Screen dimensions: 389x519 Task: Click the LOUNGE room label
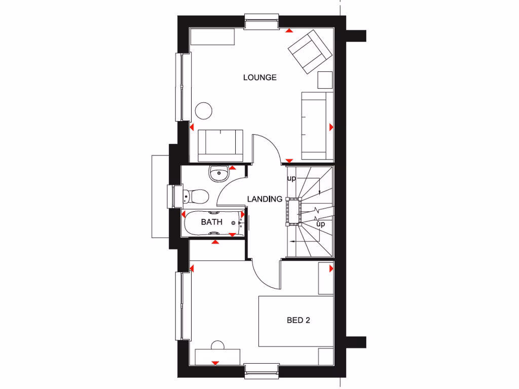pyautogui.click(x=259, y=77)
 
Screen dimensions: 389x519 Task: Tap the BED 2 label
pyautogui.click(x=298, y=320)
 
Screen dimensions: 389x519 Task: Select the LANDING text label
pyautogui.click(x=265, y=199)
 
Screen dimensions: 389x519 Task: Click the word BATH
pyautogui.click(x=211, y=222)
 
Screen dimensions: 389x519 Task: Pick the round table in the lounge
pyautogui.click(x=204, y=110)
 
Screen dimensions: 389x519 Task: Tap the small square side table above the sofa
pyautogui.click(x=324, y=80)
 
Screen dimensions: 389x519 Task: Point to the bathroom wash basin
pyautogui.click(x=218, y=173)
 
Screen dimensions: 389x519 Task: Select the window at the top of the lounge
pyautogui.click(x=262, y=22)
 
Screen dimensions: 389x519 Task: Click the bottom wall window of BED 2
pyautogui.click(x=261, y=370)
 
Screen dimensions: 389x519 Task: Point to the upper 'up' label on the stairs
pyautogui.click(x=291, y=178)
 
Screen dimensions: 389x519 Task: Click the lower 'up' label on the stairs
pyautogui.click(x=320, y=223)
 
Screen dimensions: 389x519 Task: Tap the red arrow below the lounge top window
pyautogui.click(x=288, y=30)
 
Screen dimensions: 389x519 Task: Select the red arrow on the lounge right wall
pyautogui.click(x=331, y=126)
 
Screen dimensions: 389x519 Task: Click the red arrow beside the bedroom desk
pyautogui.click(x=215, y=363)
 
